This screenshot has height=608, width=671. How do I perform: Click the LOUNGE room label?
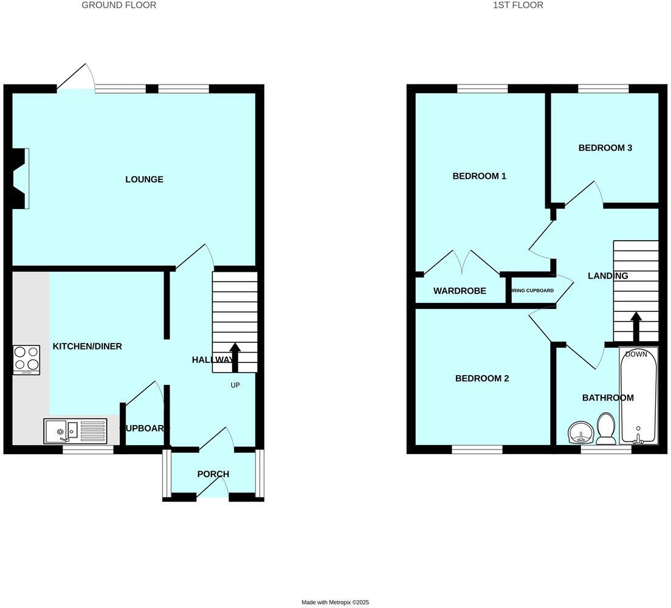pos(144,179)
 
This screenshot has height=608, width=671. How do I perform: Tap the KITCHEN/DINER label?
pos(88,347)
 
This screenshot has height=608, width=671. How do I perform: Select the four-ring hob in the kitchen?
pos(26,359)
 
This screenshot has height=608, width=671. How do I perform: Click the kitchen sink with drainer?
pos(75,430)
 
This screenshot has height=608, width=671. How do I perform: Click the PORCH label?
pos(213,474)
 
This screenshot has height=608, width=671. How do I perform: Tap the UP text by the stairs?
pos(235,385)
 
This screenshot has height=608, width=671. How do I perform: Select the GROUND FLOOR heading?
pos(119,5)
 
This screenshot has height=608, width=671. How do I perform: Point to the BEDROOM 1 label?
pos(480,176)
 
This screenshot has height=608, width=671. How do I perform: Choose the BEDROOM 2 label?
pos(482,379)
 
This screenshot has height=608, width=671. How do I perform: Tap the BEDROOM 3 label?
pos(605,148)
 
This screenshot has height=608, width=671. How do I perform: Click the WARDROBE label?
pos(459,291)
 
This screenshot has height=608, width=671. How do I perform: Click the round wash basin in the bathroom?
pos(580,433)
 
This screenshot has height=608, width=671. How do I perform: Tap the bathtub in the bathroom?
pos(638,395)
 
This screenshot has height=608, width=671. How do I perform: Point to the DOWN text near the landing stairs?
pos(636,354)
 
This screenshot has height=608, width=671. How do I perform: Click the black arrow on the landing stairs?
pos(636,327)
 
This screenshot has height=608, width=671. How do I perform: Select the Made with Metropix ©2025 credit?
pos(335,603)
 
